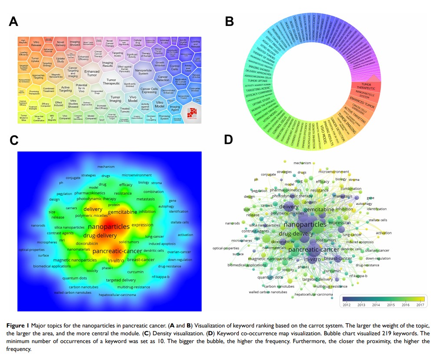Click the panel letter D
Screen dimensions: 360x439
click(x=229, y=140)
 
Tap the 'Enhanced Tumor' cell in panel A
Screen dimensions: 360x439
click(x=92, y=73)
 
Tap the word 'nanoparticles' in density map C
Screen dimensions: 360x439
click(x=109, y=226)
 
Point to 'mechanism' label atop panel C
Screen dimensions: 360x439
click(x=106, y=167)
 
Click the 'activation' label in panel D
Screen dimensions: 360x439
click(x=383, y=233)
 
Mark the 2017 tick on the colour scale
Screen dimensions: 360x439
click(x=420, y=305)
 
